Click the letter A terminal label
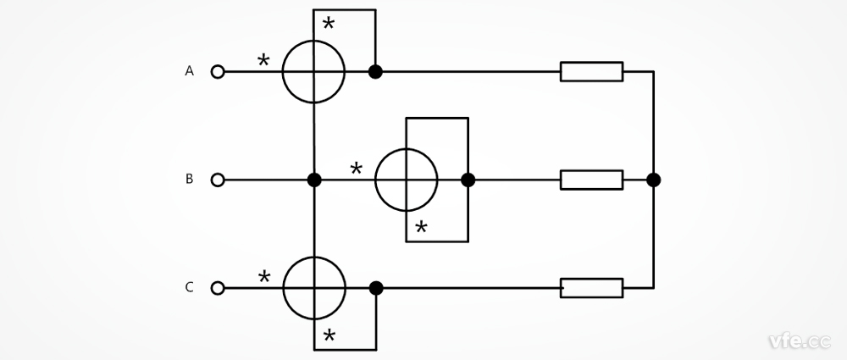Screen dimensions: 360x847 [x=190, y=72]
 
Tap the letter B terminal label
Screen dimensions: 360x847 [x=190, y=180]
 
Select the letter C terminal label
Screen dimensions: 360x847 [x=190, y=287]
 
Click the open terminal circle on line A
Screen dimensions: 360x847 [x=218, y=72]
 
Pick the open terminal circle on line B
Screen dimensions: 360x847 [x=218, y=180]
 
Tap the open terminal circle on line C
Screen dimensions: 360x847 [x=218, y=288]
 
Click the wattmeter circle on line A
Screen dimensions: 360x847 [x=313, y=72]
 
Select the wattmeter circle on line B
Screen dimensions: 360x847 [x=407, y=180]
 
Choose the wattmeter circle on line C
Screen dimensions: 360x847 [x=313, y=288]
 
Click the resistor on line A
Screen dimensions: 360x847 [x=591, y=72]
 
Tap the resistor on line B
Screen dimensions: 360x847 [x=591, y=180]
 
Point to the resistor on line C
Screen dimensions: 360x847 [x=591, y=288]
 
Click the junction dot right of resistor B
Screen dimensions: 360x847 [x=653, y=180]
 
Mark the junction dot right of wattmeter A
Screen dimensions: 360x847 [x=375, y=72]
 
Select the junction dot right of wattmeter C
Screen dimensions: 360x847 [x=375, y=288]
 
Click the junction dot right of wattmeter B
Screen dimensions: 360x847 [x=468, y=180]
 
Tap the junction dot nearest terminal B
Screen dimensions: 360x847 [x=314, y=180]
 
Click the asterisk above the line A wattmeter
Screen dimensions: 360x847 [x=329, y=24]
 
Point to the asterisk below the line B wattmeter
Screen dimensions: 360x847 [x=421, y=228]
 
